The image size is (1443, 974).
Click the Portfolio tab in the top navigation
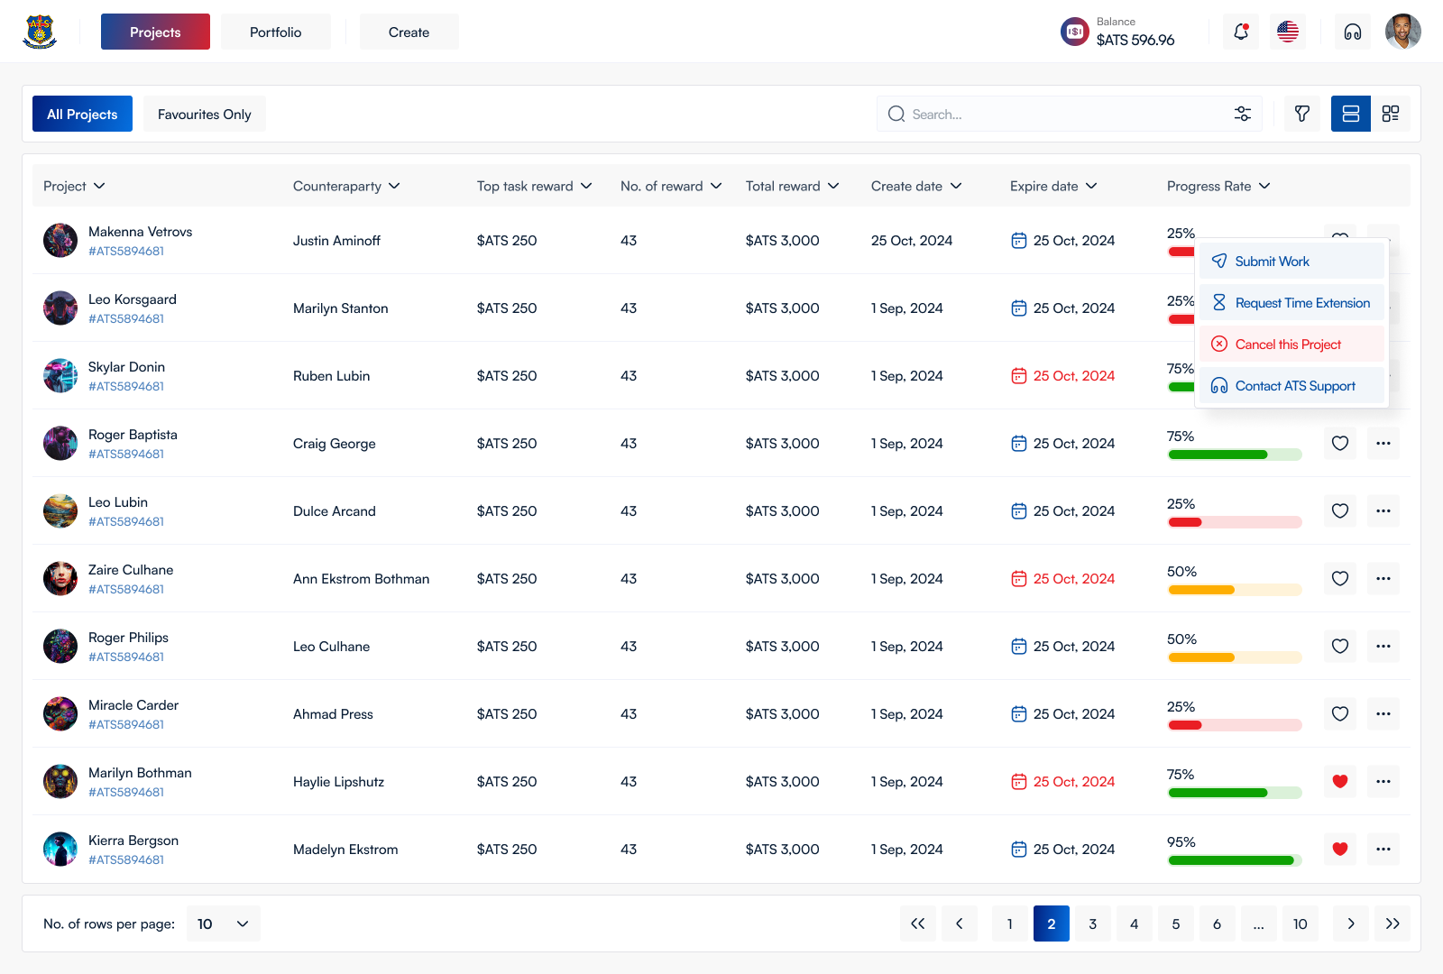click(275, 32)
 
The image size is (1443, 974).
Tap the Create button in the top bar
click(409, 32)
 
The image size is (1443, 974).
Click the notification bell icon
click(1241, 32)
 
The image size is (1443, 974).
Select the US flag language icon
click(1288, 32)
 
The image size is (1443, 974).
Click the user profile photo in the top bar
click(1403, 32)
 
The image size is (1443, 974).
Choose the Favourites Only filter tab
click(204, 114)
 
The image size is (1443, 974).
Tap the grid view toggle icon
click(1390, 114)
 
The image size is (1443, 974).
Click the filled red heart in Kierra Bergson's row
click(1340, 849)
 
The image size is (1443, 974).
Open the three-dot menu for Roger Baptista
click(1383, 443)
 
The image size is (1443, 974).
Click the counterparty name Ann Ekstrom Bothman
click(361, 578)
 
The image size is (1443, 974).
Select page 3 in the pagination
click(1092, 923)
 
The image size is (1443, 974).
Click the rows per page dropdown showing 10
click(224, 923)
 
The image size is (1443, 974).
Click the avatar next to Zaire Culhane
click(60, 578)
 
